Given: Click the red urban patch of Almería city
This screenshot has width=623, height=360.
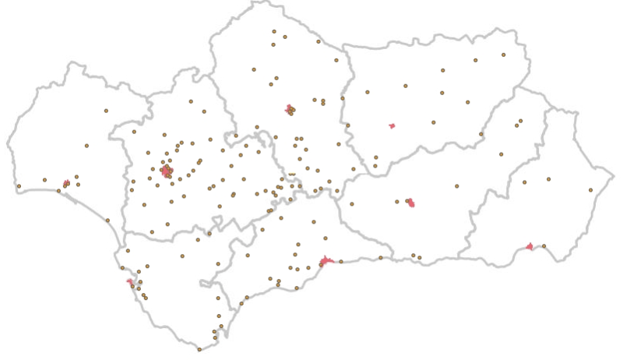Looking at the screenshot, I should (x=530, y=247).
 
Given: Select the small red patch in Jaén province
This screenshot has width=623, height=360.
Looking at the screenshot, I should (x=392, y=125).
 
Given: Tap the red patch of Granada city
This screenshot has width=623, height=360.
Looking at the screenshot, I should (x=410, y=203).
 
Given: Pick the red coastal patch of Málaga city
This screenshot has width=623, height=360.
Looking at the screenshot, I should (x=326, y=262).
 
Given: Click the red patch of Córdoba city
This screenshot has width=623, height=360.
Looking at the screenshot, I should (x=290, y=109).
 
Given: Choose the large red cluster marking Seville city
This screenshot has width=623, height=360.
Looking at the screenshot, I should (x=166, y=170).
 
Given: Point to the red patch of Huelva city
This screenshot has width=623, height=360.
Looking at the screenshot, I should (x=66, y=184).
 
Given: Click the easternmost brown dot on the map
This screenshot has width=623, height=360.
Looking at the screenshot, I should (x=591, y=189).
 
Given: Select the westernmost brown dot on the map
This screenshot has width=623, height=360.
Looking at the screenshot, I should (x=19, y=185).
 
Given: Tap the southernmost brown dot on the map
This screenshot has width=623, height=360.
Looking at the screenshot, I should (x=199, y=349).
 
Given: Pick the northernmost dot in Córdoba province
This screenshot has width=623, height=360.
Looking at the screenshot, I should (x=274, y=31).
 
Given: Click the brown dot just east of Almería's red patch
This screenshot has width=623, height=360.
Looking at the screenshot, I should (x=544, y=246).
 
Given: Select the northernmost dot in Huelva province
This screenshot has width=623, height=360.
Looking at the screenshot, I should (x=106, y=111).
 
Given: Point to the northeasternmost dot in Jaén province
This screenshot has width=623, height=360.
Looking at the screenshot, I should (x=503, y=55).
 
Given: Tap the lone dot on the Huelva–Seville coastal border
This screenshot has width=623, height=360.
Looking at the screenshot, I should (x=107, y=220).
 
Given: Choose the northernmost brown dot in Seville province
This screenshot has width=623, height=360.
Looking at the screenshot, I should (x=191, y=101).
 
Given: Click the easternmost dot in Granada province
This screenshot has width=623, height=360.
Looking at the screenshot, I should (x=521, y=121).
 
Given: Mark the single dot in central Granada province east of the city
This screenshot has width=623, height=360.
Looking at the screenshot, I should (x=457, y=185).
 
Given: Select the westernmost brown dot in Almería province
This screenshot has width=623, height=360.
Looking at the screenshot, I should (x=525, y=182).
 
